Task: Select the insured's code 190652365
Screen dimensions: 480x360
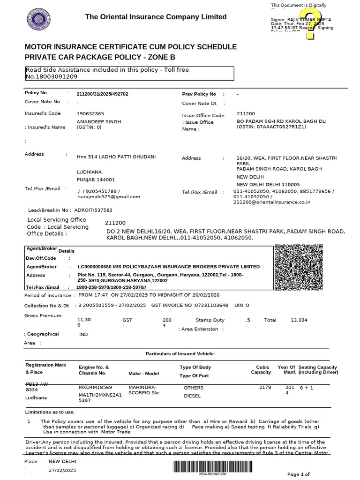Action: tap(90, 114)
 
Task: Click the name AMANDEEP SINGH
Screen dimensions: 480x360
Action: tap(98, 121)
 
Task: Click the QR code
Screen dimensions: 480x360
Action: tap(298, 269)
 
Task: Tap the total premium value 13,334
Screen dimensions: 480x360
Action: tap(299, 320)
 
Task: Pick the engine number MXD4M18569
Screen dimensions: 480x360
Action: tap(95, 388)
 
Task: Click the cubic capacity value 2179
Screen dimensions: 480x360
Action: tap(265, 388)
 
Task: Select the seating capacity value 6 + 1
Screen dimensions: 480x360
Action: tap(307, 389)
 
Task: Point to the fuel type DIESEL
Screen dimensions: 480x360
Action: tap(192, 396)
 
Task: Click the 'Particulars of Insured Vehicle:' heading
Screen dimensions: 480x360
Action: tap(180, 353)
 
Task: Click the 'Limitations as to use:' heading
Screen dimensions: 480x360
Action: tap(50, 412)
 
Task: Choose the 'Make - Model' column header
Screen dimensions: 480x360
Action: tap(143, 374)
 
